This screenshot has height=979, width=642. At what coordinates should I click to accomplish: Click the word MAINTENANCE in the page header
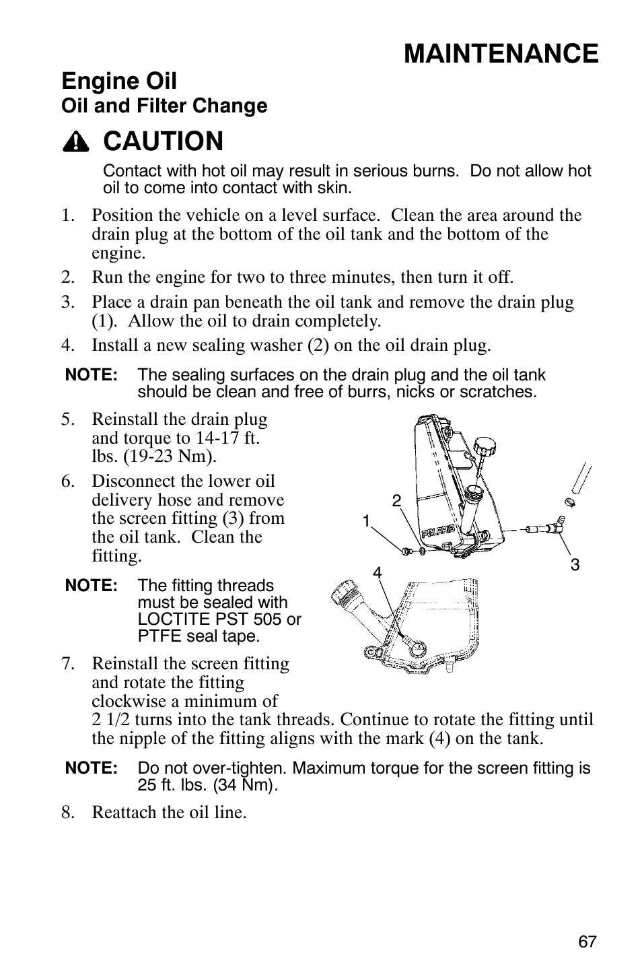501,53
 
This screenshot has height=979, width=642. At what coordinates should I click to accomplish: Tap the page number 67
587,942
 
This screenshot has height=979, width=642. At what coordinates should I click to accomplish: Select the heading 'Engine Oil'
119,81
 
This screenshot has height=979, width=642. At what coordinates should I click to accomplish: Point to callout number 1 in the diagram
366,520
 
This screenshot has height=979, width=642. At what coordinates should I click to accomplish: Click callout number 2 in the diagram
396,500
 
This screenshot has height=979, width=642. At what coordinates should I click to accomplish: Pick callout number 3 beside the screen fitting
575,565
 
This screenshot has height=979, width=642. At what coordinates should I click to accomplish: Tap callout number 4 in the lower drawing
378,572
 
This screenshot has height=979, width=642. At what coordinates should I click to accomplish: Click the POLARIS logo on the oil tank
438,531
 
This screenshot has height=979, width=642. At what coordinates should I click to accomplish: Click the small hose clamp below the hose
569,502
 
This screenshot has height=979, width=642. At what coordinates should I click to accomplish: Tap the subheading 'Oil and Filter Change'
164,106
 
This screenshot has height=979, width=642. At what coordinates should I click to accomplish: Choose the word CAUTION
164,141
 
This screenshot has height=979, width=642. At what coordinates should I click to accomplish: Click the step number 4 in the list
67,345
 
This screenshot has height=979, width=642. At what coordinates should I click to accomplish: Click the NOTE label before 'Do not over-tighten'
92,768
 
